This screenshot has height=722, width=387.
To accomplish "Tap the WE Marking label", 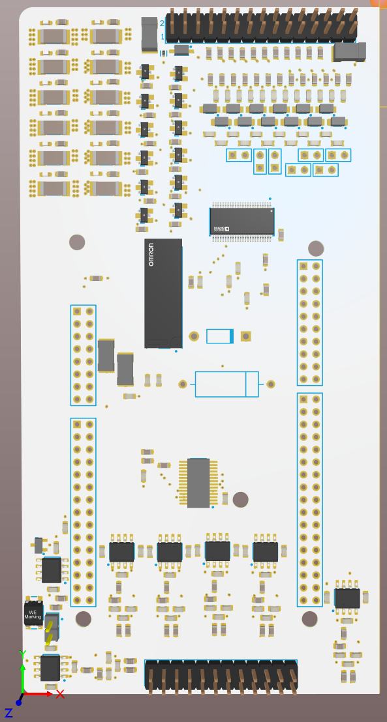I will [33, 614].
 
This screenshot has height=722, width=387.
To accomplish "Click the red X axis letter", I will [60, 695].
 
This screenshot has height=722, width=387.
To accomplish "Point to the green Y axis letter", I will [22, 654].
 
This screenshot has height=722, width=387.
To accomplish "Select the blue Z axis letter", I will [8, 713].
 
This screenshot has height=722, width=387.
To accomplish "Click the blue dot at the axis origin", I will [19, 702].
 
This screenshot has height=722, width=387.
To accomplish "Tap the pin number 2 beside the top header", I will [163, 23].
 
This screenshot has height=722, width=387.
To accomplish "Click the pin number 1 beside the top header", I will [163, 36].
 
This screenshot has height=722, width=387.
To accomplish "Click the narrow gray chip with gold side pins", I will [198, 483].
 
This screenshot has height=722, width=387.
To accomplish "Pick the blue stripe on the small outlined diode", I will [231, 336].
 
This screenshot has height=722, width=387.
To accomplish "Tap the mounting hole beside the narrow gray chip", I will [240, 500].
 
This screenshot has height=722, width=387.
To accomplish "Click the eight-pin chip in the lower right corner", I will [347, 598].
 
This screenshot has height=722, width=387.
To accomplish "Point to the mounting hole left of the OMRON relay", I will [77, 242].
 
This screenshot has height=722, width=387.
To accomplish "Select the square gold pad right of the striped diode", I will [245, 336].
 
